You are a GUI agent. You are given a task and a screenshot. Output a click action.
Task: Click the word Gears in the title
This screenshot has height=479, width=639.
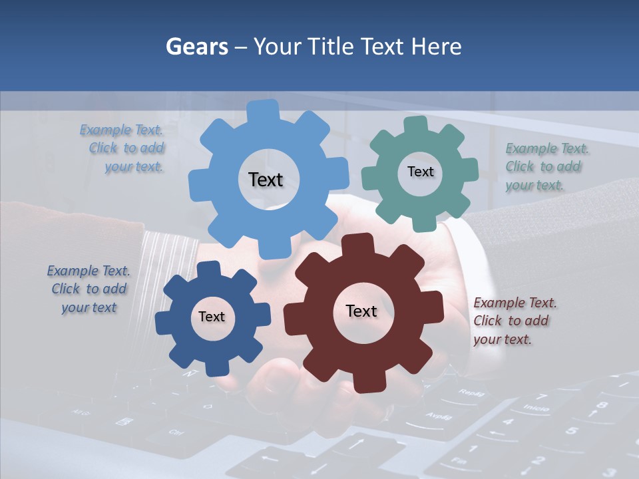[196, 47]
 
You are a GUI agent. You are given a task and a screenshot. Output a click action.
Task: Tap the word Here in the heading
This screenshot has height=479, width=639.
[437, 47]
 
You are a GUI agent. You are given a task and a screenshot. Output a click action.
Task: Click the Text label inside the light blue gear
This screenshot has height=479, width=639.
[266, 180]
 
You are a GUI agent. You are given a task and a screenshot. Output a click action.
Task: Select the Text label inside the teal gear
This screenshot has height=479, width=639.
[420, 172]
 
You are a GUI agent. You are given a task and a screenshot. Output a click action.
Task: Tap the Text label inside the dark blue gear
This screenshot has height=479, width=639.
[212, 317]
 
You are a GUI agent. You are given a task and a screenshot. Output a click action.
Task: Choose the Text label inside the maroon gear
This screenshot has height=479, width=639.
[361, 311]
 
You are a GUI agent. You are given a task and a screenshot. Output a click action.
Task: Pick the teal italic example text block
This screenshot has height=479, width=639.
[546, 166]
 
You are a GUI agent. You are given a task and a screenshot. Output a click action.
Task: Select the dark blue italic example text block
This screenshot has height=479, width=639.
[89, 289]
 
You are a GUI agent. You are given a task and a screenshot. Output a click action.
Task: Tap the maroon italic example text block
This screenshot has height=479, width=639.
[515, 321]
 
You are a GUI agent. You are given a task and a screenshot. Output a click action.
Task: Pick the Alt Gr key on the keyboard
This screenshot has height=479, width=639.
[81, 412]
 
